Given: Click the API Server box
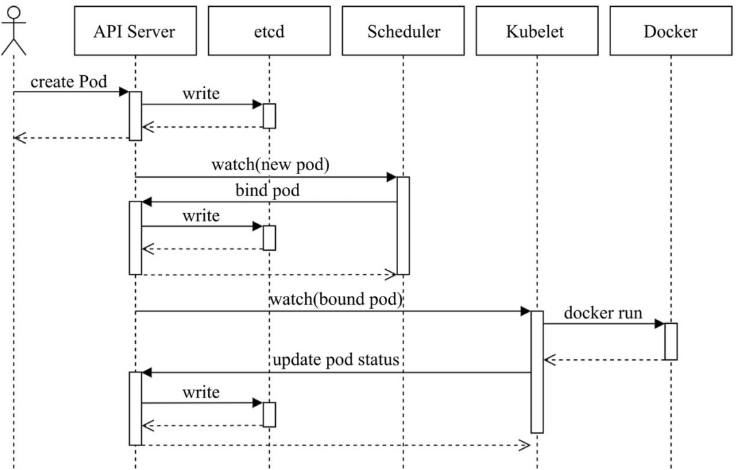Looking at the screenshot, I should pyautogui.click(x=135, y=31).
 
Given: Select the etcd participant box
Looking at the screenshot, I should pyautogui.click(x=269, y=31).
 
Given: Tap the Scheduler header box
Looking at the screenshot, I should pyautogui.click(x=403, y=31).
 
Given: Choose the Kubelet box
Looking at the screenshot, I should pyautogui.click(x=537, y=31).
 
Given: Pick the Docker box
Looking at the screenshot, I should pyautogui.click(x=670, y=31).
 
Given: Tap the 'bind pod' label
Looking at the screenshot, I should pyautogui.click(x=268, y=191).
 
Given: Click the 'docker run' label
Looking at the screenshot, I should pyautogui.click(x=603, y=313).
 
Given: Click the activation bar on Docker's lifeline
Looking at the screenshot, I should pyautogui.click(x=670, y=341).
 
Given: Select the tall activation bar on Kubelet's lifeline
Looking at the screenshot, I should pyautogui.click(x=537, y=371).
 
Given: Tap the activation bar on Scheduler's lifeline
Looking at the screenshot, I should pyautogui.click(x=403, y=225).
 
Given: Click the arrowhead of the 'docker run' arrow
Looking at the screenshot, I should pyautogui.click(x=660, y=323).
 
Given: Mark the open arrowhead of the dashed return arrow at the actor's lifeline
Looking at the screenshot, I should pyautogui.click(x=18, y=139).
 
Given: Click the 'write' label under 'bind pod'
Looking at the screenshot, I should pyautogui.click(x=201, y=217).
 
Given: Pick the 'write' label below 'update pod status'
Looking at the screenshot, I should pyautogui.click(x=201, y=393).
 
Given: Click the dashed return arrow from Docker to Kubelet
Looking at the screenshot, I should pyautogui.click(x=604, y=359).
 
